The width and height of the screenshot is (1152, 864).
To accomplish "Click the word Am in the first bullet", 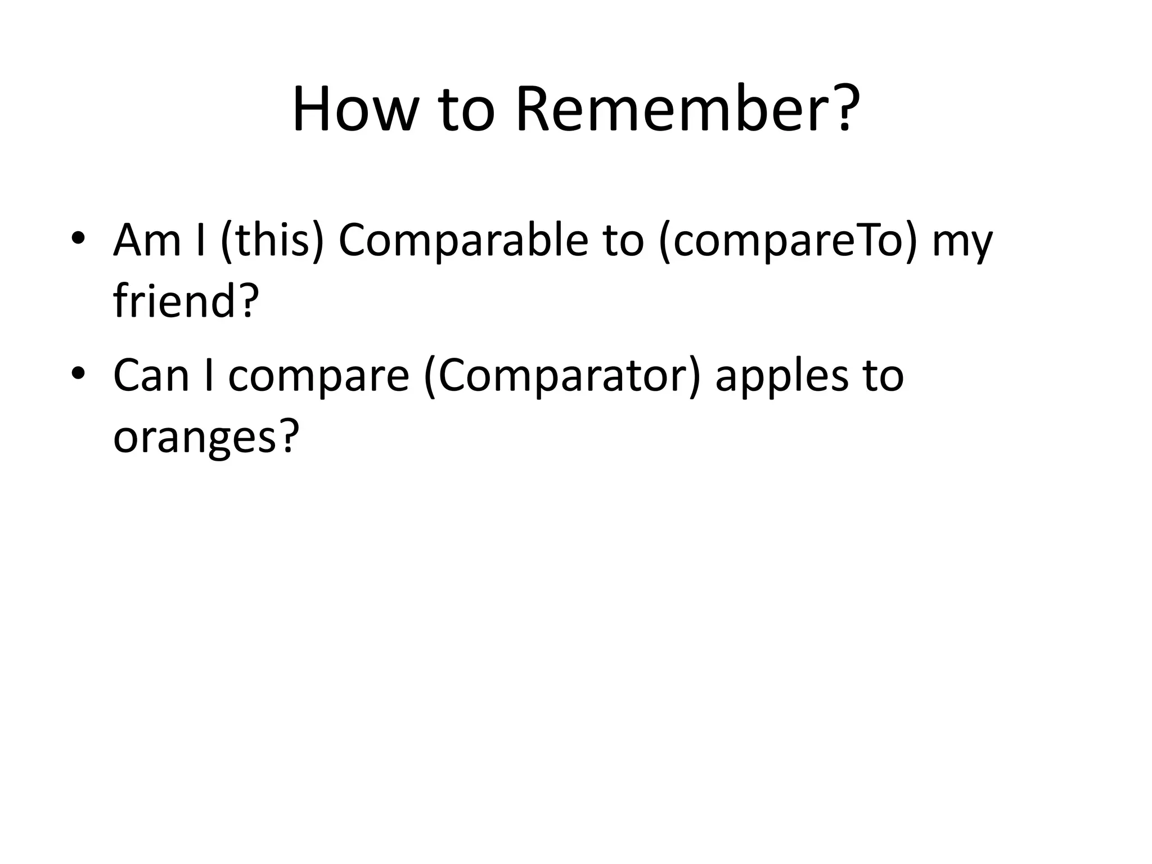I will pyautogui.click(x=147, y=241).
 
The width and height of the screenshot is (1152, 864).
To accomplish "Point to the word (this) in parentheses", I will pyautogui.click(x=273, y=242).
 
